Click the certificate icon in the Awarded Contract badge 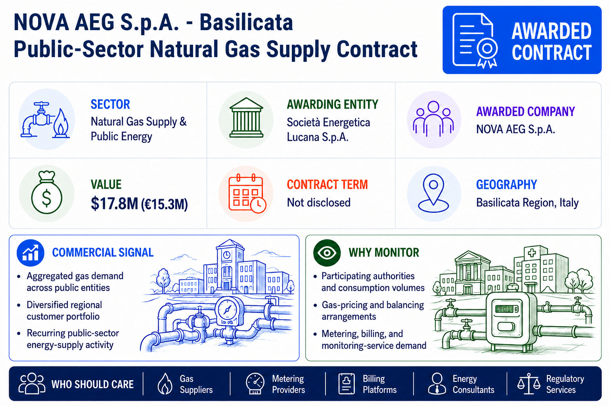pyautogui.click(x=475, y=40)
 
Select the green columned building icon pyautogui.click(x=246, y=117)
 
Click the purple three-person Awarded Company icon pyautogui.click(x=433, y=119)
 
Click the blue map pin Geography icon pyautogui.click(x=433, y=193)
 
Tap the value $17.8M pyautogui.click(x=115, y=203)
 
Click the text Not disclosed pyautogui.click(x=319, y=203)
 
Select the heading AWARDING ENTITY pyautogui.click(x=333, y=104)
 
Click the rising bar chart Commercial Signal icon pyautogui.click(x=31, y=253)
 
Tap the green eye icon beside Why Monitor pyautogui.click(x=327, y=253)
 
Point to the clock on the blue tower pyautogui.click(x=227, y=255)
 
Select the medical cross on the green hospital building pyautogui.click(x=532, y=253)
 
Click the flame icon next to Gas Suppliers pyautogui.click(x=165, y=383)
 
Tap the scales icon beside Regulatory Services pyautogui.click(x=529, y=384)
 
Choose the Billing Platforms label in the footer pyautogui.click(x=379, y=384)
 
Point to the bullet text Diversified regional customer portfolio pyautogui.click(x=64, y=310)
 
